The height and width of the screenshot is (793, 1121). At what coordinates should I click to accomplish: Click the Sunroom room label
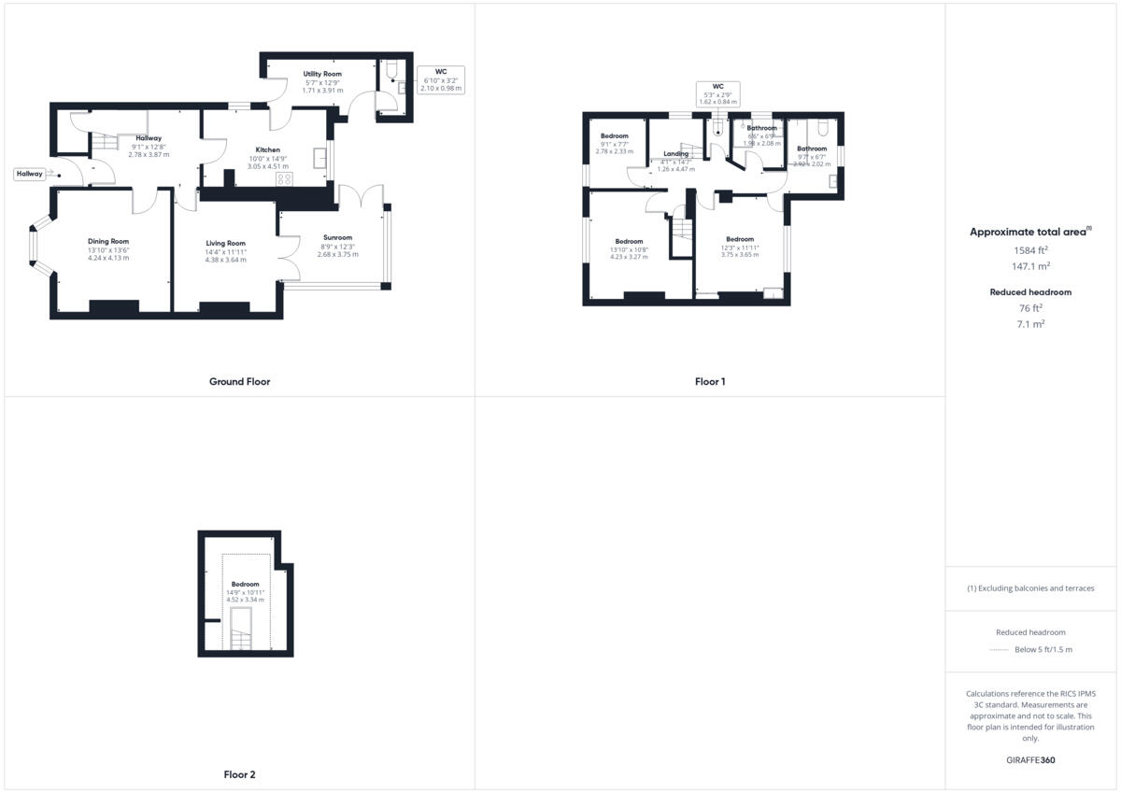[336, 237]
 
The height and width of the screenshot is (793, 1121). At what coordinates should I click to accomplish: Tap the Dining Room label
[108, 241]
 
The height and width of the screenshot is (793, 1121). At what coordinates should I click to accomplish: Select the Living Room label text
[226, 243]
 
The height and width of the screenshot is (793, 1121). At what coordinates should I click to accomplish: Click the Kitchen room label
[268, 149]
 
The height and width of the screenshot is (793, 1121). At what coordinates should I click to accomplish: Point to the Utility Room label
[322, 74]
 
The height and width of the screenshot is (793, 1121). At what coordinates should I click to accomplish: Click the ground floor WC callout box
[442, 79]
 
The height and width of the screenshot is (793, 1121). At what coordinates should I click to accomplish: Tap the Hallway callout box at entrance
[29, 174]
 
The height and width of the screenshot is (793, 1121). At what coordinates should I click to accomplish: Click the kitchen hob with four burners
[285, 179]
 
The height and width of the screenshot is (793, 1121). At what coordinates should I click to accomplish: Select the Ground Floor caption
[240, 381]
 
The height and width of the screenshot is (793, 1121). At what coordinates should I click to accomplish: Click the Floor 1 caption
[710, 381]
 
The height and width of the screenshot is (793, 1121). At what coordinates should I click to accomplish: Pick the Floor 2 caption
[240, 774]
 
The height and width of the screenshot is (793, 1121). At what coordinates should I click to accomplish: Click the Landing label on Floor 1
[675, 154]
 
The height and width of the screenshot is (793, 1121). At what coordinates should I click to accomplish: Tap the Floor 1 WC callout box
[717, 92]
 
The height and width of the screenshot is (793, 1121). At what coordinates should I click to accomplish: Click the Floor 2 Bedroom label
[246, 584]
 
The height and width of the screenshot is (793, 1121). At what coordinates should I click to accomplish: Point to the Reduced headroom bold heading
[1030, 292]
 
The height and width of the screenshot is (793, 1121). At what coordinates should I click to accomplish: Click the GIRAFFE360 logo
[1030, 760]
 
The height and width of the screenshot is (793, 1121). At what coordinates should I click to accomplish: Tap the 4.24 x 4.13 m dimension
[108, 257]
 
